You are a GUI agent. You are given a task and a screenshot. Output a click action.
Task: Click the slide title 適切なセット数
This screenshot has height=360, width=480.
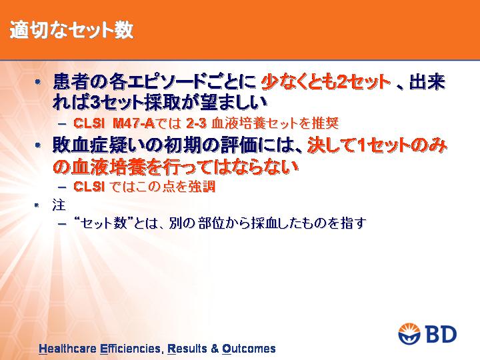pyautogui.click(x=71, y=30)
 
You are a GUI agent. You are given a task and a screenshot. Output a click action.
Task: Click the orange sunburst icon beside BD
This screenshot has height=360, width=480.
pyautogui.click(x=409, y=333)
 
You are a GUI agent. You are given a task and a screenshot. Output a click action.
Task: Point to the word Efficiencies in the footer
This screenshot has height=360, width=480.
pyautogui.click(x=130, y=349)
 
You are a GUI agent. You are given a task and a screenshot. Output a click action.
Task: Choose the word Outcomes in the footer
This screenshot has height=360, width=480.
pyautogui.click(x=249, y=349)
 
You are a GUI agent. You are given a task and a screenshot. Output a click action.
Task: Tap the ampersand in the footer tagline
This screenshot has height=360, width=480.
pyautogui.click(x=215, y=349)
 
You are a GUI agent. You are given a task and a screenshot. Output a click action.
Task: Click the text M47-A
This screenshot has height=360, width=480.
pyautogui.click(x=133, y=123)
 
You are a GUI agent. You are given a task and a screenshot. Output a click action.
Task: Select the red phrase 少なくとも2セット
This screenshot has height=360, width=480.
pyautogui.click(x=326, y=82)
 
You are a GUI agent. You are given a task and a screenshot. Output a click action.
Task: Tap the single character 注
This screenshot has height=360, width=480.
pyautogui.click(x=59, y=205)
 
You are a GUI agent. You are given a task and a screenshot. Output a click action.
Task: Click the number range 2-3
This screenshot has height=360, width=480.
pyautogui.click(x=196, y=123)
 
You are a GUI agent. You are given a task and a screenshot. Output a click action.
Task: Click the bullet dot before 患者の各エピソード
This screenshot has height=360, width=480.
pyautogui.click(x=37, y=82)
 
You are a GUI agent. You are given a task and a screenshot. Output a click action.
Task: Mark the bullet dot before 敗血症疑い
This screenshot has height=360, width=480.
pyautogui.click(x=37, y=145)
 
